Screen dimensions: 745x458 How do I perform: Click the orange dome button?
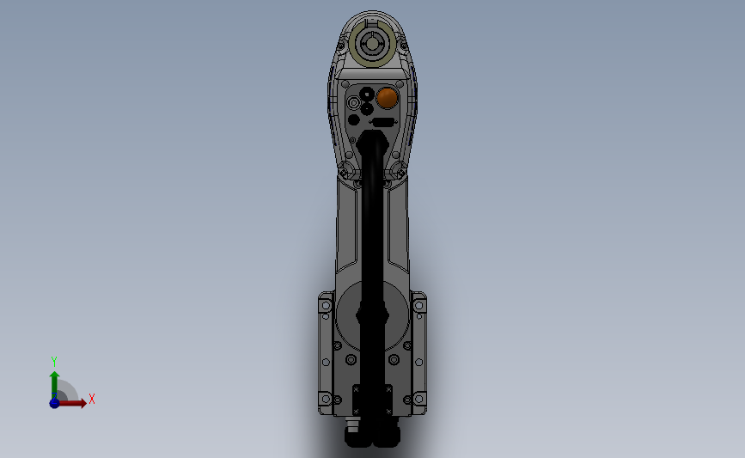click(387, 98)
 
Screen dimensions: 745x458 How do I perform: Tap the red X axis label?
click(92, 399)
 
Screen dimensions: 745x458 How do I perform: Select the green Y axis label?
click(54, 362)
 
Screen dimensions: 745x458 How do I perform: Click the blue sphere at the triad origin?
click(54, 403)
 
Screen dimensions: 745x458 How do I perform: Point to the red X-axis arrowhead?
click(83, 403)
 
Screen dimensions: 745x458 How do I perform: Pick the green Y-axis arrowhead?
click(54, 376)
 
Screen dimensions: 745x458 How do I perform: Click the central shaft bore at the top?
click(372, 44)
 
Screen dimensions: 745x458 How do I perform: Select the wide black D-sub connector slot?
click(383, 123)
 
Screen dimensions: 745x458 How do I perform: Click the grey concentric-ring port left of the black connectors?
click(353, 102)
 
